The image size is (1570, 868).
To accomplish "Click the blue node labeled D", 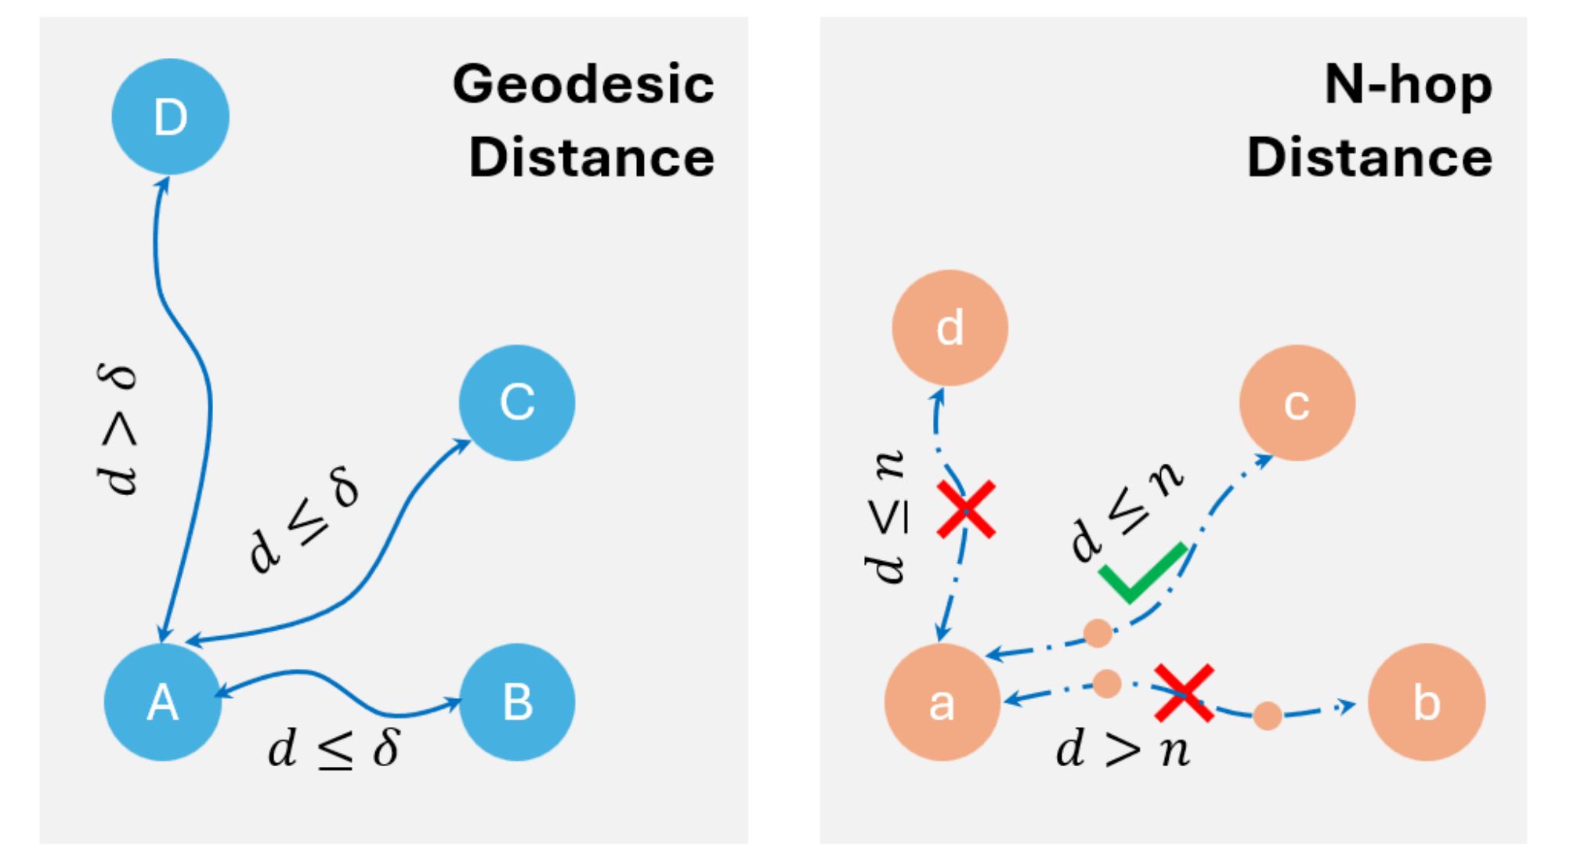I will point(170,117).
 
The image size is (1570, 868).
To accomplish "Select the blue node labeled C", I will point(517,403).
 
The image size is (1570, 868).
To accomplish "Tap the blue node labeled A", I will point(163,702).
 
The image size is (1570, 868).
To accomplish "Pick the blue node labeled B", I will point(517,702).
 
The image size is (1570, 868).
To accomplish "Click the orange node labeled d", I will point(950,327).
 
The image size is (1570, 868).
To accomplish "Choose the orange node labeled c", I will point(1297,403).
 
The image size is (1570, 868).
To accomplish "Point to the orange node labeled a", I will point(942,702).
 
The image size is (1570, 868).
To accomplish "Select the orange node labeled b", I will point(1426,702).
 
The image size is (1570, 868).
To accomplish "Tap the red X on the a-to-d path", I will point(967,510).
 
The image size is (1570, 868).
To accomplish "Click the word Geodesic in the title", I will point(584,85).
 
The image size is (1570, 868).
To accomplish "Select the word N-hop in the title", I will point(1408,85).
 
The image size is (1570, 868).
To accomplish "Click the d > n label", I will point(1123,750).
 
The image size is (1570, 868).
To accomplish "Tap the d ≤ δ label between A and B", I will point(334,748).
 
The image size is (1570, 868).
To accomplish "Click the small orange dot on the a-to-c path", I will point(1098,633).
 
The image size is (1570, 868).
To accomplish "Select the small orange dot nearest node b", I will point(1268,715).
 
